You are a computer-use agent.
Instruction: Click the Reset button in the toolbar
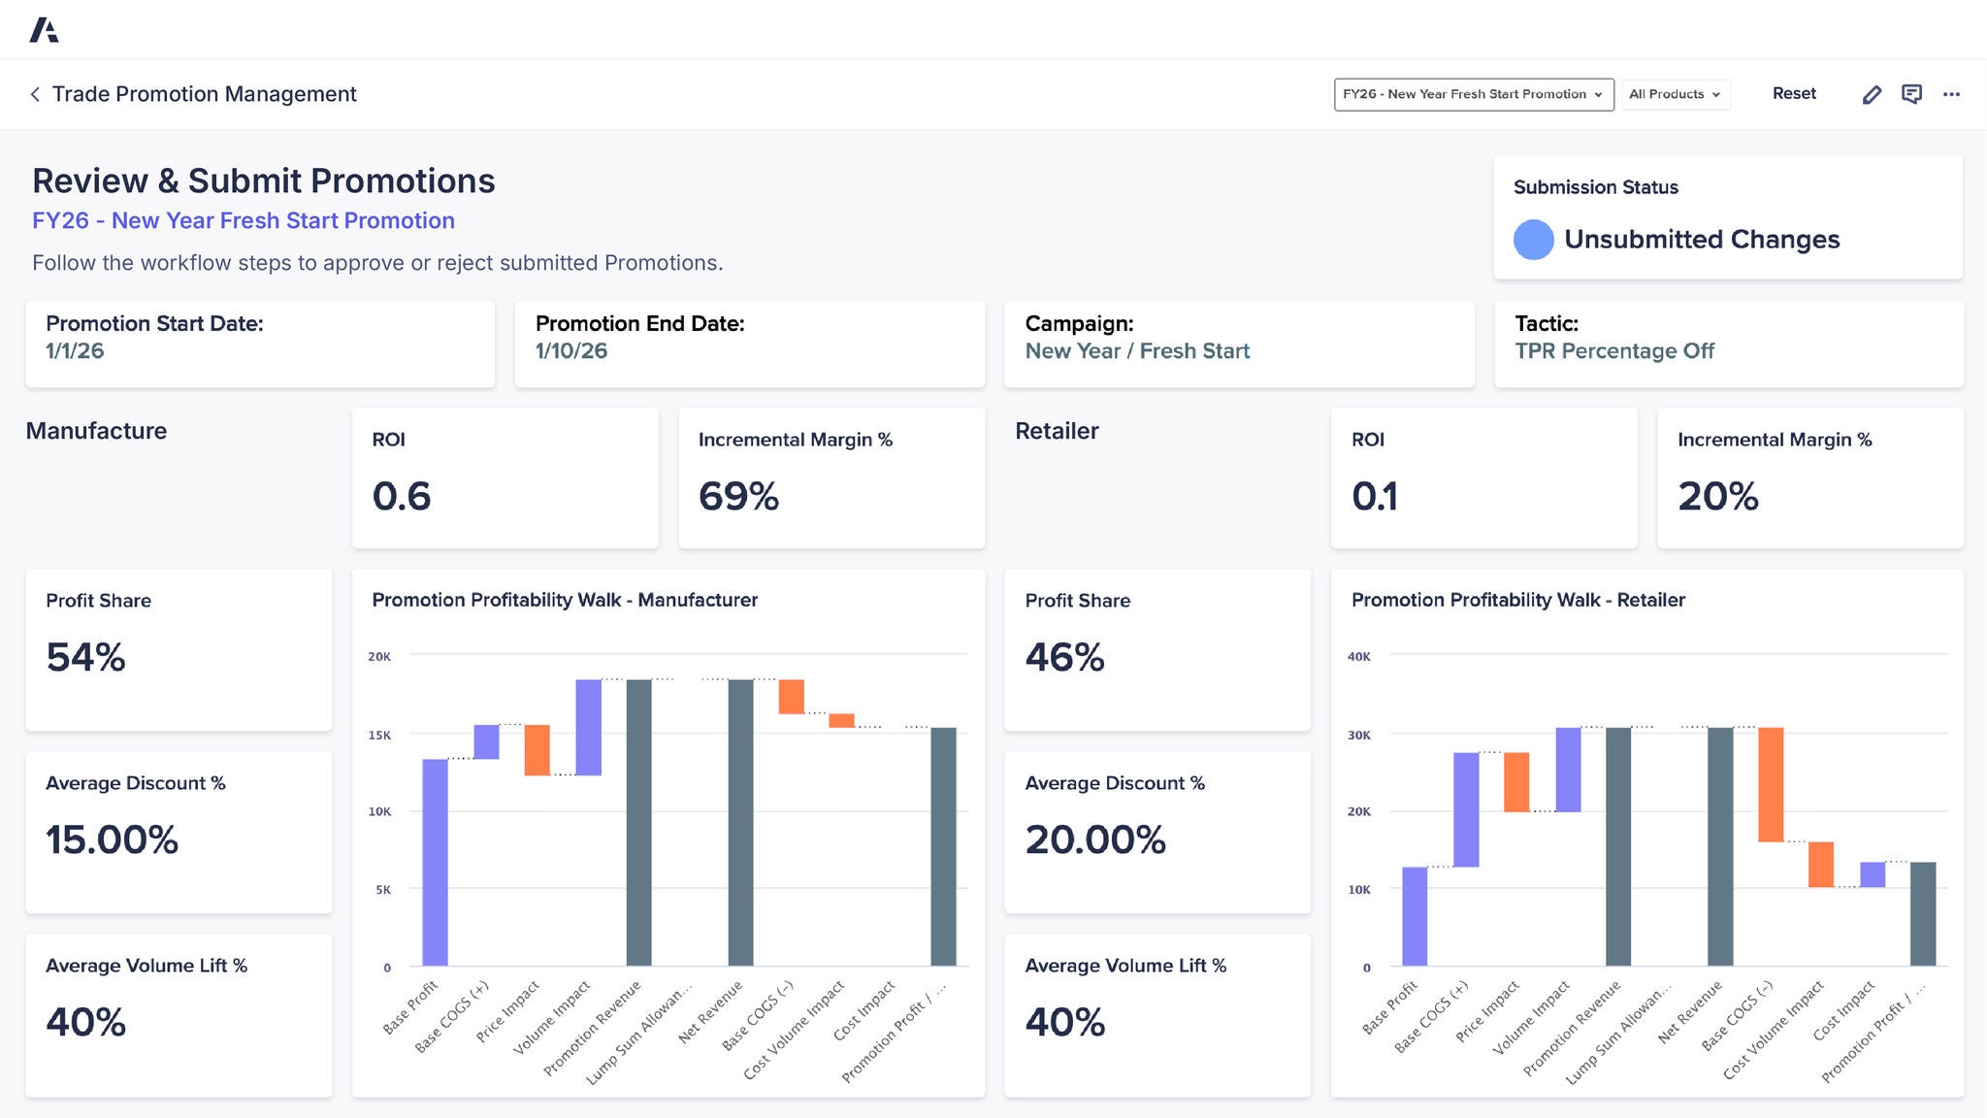pyautogui.click(x=1793, y=94)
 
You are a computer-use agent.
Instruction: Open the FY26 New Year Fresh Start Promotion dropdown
pyautogui.click(x=1473, y=94)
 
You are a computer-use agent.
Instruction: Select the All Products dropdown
pyautogui.click(x=1675, y=94)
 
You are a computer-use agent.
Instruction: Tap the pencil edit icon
pyautogui.click(x=1872, y=94)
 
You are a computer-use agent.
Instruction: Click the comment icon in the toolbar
pyautogui.click(x=1911, y=94)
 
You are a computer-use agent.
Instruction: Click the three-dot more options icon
pyautogui.click(x=1951, y=94)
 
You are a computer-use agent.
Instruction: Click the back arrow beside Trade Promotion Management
pyautogui.click(x=35, y=94)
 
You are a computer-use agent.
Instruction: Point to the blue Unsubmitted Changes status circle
pyautogui.click(x=1533, y=240)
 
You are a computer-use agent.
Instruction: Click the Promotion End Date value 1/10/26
pyautogui.click(x=571, y=351)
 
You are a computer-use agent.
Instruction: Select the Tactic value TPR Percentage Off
pyautogui.click(x=1614, y=351)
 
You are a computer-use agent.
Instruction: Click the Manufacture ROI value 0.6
pyautogui.click(x=402, y=497)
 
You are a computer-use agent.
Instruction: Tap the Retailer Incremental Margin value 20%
pyautogui.click(x=1717, y=497)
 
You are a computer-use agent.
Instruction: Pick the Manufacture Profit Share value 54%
pyautogui.click(x=85, y=658)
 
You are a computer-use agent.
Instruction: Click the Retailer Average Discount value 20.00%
pyautogui.click(x=1095, y=840)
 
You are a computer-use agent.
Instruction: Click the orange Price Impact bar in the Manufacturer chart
pyautogui.click(x=537, y=750)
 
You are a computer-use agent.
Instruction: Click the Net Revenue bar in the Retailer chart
pyautogui.click(x=1719, y=846)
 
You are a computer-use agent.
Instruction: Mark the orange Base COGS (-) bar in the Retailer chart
pyautogui.click(x=1771, y=784)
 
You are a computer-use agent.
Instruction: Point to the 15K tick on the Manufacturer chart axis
pyautogui.click(x=379, y=736)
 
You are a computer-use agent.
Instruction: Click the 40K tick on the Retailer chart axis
pyautogui.click(x=1358, y=657)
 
